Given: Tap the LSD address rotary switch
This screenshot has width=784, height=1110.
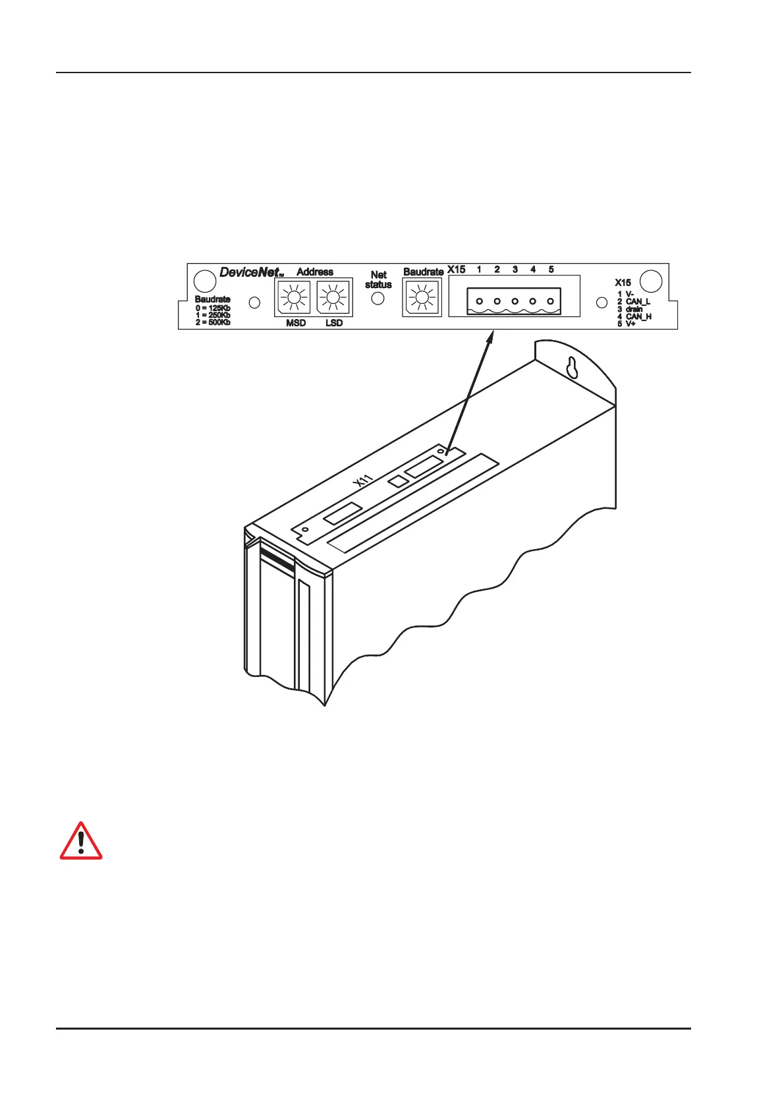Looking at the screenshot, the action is click(x=333, y=299).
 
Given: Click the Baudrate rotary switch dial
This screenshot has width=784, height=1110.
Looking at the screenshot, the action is click(x=422, y=299).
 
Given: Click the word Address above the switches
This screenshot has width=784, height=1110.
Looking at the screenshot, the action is click(x=315, y=272).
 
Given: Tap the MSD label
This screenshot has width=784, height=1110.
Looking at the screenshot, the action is click(x=296, y=323).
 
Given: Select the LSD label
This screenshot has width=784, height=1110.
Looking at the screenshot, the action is click(x=334, y=323).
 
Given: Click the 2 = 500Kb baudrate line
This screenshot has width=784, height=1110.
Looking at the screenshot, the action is click(x=213, y=322).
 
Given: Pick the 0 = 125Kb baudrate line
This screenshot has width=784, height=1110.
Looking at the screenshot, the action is click(x=213, y=308).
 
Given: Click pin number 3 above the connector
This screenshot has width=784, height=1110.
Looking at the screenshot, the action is click(x=515, y=270).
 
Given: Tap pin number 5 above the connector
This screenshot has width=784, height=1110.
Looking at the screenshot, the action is click(x=551, y=270).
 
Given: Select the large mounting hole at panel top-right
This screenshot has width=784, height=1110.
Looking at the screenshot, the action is click(x=651, y=281).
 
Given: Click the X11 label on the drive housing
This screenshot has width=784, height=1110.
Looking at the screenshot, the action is click(x=362, y=481).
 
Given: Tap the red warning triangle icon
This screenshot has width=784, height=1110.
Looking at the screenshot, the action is click(x=81, y=841).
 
